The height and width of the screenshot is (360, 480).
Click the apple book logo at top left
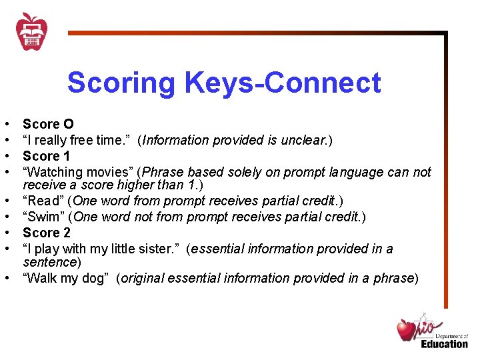pyautogui.click(x=31, y=31)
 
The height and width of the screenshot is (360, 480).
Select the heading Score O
pyautogui.click(x=48, y=124)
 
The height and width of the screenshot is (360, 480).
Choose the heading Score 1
pyautogui.click(x=46, y=156)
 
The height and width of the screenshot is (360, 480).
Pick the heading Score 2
pyautogui.click(x=46, y=233)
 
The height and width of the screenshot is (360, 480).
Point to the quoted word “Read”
pyautogui.click(x=43, y=201)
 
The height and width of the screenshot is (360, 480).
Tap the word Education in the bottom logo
pyautogui.click(x=444, y=344)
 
